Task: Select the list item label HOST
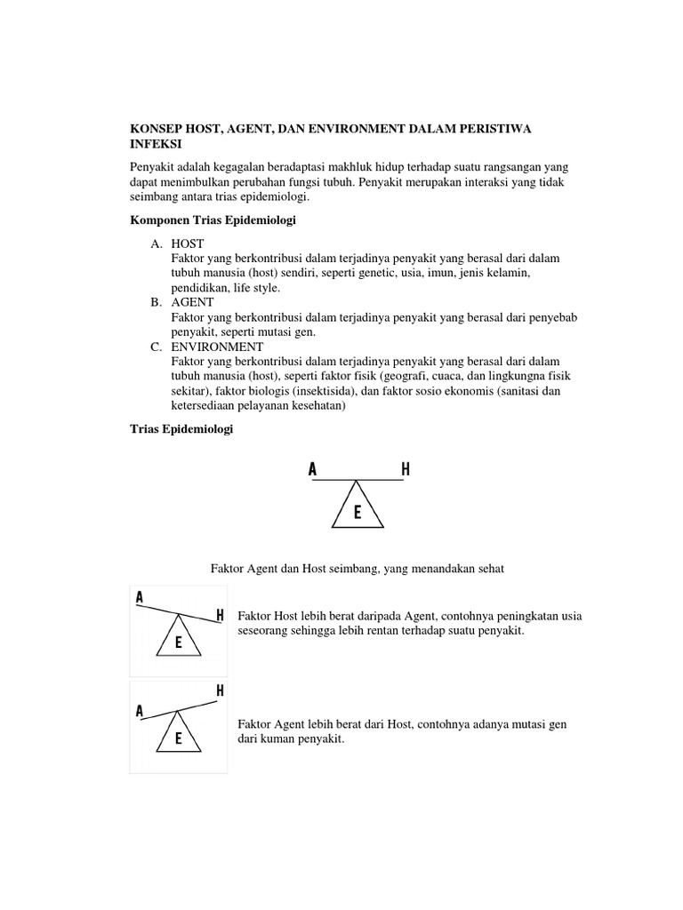pos(188,243)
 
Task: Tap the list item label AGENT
pos(192,302)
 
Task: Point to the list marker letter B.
pos(156,302)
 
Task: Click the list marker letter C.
pos(156,347)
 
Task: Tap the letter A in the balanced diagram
pos(312,470)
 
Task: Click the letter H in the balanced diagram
pos(406,470)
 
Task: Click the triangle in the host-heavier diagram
pos(179,639)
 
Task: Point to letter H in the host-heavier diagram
pos(220,615)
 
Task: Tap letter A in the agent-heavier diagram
pos(140,711)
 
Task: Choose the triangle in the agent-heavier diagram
pos(179,736)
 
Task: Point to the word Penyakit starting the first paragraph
pos(155,168)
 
